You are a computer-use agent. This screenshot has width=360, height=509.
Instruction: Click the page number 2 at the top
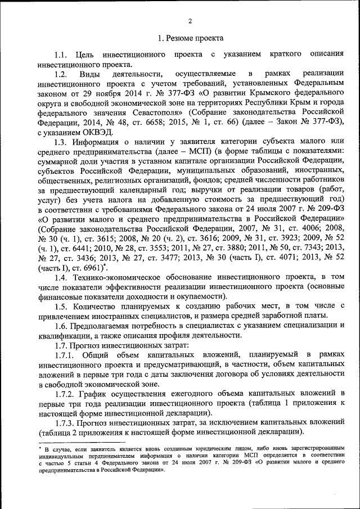[x=190, y=21]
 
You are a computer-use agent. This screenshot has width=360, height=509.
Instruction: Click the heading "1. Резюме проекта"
[x=190, y=39]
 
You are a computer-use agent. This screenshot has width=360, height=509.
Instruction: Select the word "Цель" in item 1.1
[x=83, y=55]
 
